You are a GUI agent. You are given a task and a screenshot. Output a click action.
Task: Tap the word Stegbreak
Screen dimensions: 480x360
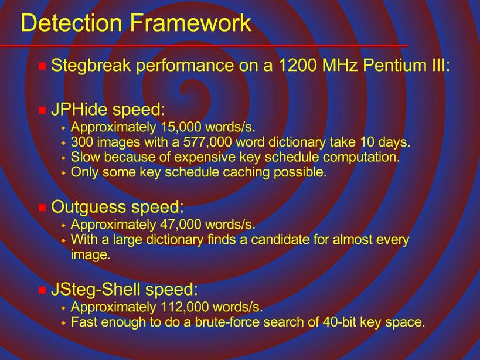[91, 66]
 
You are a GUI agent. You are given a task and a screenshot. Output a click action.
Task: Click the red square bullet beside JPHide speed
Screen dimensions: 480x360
[42, 110]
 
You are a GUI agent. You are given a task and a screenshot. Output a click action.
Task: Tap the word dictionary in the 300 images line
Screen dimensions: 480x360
[297, 142]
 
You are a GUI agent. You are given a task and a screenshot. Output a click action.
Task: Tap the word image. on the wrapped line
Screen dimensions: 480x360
[90, 255]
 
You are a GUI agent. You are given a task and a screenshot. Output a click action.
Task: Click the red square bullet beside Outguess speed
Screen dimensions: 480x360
[42, 208]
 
